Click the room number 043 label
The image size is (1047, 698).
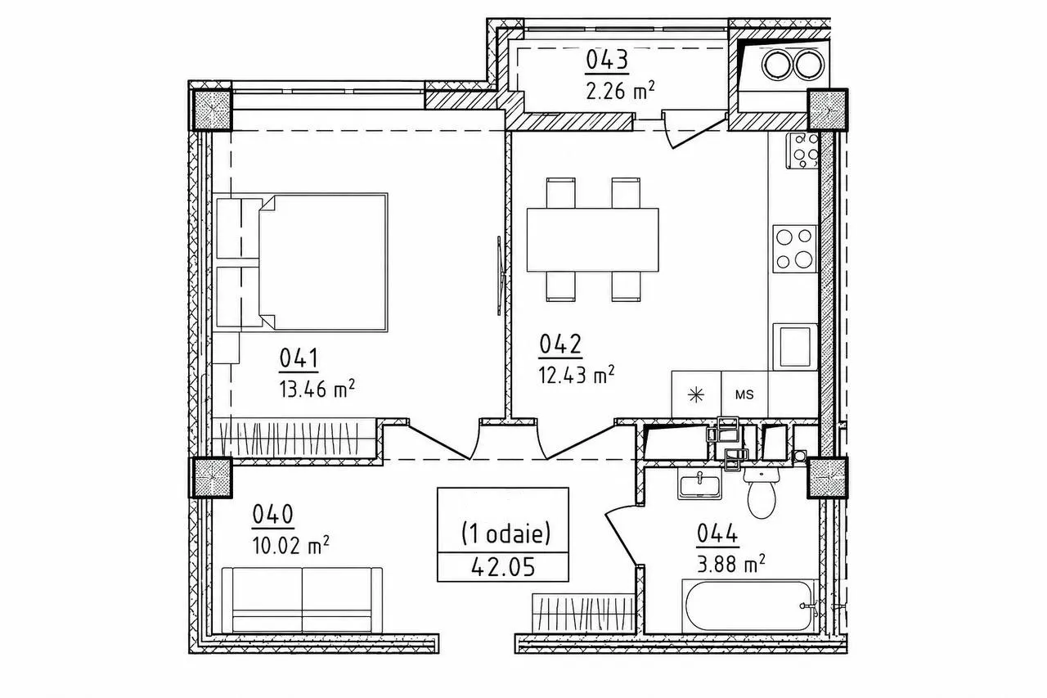(607, 61)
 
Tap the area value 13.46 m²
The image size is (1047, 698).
(317, 389)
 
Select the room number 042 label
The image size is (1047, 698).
(560, 344)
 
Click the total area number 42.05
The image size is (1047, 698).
(503, 567)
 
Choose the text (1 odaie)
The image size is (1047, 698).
(506, 534)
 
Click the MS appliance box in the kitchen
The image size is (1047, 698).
(744, 394)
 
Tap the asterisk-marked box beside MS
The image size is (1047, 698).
(696, 394)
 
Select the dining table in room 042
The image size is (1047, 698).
(593, 240)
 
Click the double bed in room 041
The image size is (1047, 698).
(322, 263)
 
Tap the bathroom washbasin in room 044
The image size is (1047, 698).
(699, 485)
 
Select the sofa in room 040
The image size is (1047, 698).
(303, 601)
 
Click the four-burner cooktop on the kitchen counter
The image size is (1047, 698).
(794, 249)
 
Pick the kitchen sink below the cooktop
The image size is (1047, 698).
(795, 346)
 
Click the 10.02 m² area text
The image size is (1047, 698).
(290, 545)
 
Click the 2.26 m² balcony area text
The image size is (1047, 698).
(620, 90)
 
